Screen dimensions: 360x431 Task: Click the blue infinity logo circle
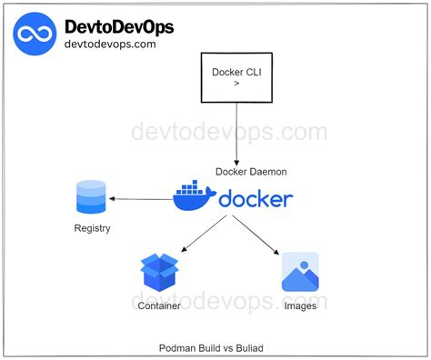click(35, 35)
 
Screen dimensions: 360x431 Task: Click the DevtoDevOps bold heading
click(118, 26)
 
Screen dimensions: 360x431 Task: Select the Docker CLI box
click(237, 76)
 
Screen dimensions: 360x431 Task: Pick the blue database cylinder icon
click(91, 197)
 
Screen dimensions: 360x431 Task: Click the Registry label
click(92, 228)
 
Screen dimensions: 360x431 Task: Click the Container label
click(160, 306)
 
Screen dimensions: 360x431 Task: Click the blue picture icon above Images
click(300, 272)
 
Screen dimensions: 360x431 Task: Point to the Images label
click(300, 306)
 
